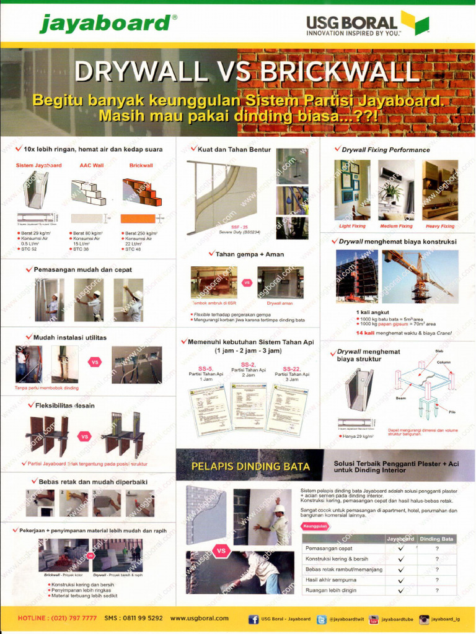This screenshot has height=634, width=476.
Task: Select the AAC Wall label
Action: (90, 165)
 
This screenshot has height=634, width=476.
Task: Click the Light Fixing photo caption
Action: (352, 226)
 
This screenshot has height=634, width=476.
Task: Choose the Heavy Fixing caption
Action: (439, 226)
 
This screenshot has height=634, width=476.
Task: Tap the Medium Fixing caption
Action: (396, 226)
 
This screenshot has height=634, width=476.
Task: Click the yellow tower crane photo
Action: (420, 276)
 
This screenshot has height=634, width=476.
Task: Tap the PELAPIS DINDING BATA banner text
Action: (250, 466)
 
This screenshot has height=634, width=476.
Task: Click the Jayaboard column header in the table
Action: (400, 539)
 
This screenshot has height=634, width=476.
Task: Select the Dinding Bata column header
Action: (437, 539)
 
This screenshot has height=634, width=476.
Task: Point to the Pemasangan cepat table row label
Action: (328, 549)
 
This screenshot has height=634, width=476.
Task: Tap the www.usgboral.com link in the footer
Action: (199, 618)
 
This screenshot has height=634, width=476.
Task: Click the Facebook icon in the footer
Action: (253, 619)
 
